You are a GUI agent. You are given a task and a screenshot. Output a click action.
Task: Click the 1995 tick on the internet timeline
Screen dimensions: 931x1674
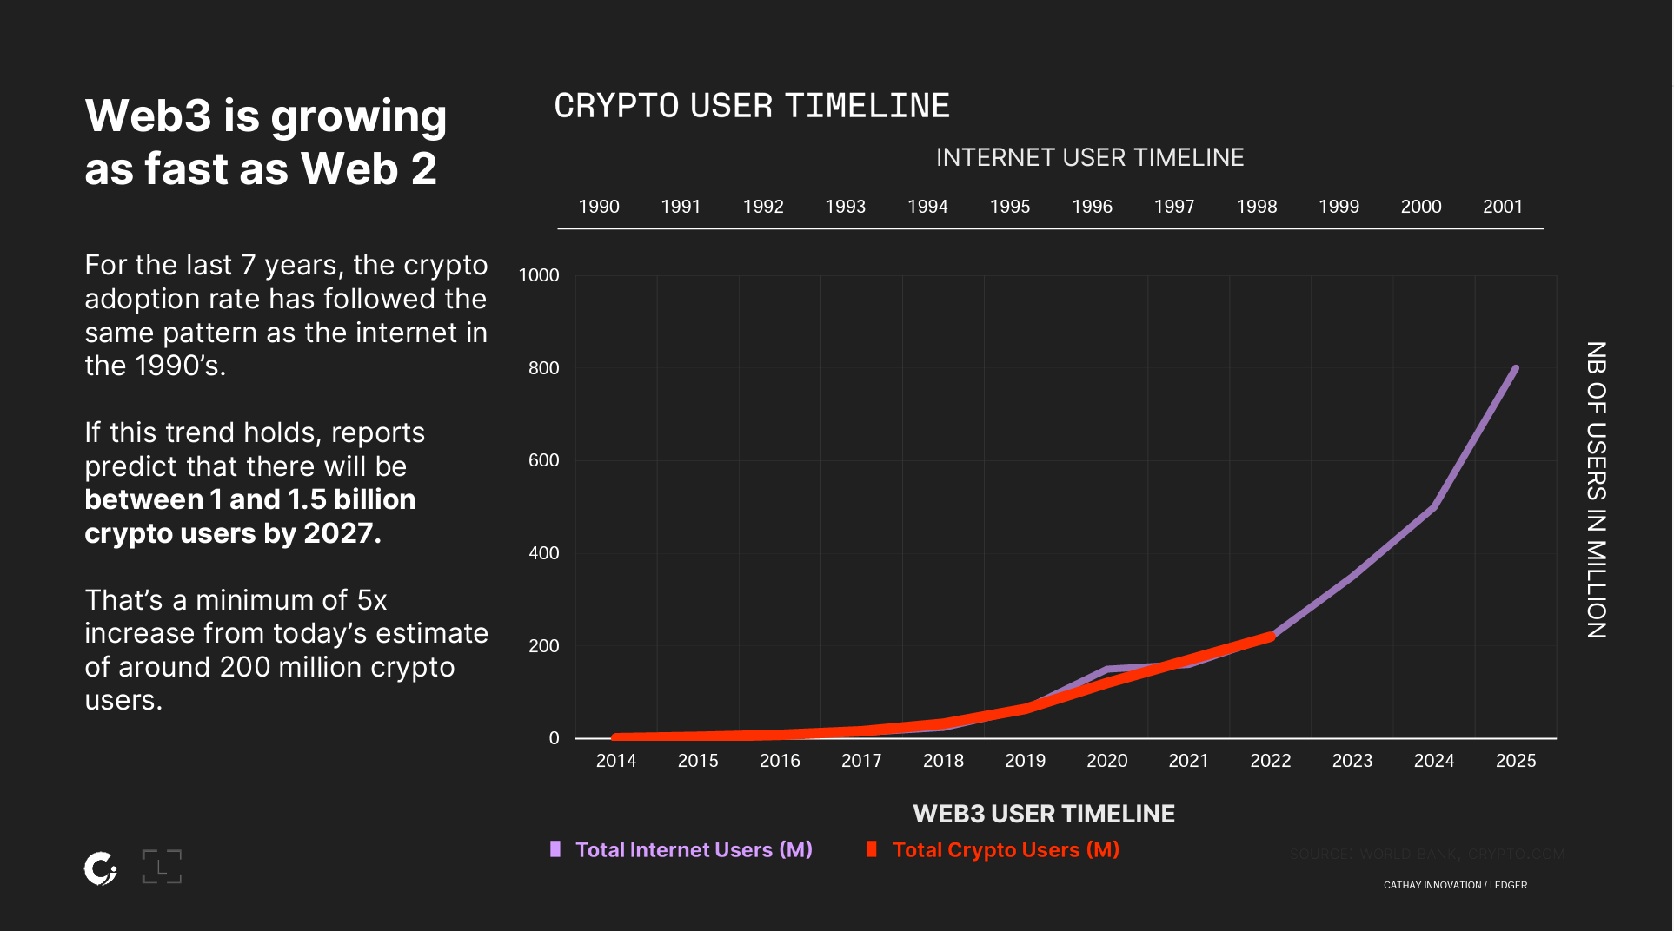(x=1009, y=207)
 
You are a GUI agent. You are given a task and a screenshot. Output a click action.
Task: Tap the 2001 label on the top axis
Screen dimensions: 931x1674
(x=1502, y=207)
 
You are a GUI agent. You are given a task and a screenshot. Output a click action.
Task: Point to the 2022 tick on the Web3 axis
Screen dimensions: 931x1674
(x=1270, y=761)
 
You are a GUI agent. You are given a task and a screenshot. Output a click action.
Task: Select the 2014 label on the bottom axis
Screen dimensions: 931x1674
(x=615, y=761)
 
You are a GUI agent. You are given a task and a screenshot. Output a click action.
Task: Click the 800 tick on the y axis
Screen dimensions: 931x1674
(x=543, y=368)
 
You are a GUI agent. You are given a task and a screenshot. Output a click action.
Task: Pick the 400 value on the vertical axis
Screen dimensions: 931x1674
(x=543, y=553)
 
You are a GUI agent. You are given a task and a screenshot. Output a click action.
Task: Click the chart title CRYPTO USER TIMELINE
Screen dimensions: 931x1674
(x=752, y=106)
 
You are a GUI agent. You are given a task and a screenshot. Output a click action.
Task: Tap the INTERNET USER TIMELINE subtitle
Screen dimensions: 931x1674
(x=1089, y=157)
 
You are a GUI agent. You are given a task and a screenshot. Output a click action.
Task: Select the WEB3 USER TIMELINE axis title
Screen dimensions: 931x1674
(x=1043, y=814)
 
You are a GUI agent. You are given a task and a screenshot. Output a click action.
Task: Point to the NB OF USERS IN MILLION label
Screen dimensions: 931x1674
(x=1596, y=490)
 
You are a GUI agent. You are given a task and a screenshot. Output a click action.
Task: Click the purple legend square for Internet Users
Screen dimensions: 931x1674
(x=555, y=849)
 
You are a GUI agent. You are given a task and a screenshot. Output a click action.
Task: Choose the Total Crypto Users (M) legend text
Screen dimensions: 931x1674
(x=1006, y=849)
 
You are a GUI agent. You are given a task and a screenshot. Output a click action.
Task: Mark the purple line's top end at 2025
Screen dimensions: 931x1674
(x=1515, y=369)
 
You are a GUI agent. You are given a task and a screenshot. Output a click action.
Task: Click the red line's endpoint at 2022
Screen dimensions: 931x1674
(x=1271, y=637)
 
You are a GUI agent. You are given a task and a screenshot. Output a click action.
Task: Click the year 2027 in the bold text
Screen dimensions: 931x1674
(x=337, y=533)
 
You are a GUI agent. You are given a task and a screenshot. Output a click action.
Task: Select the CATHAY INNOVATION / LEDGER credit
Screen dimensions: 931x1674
(x=1455, y=885)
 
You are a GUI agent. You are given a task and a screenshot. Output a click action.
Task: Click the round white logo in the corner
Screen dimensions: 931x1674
(x=101, y=868)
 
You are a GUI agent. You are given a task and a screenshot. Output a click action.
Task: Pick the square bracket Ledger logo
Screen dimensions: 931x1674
(x=162, y=867)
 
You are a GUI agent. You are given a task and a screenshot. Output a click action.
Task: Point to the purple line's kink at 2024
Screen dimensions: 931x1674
(x=1432, y=507)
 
